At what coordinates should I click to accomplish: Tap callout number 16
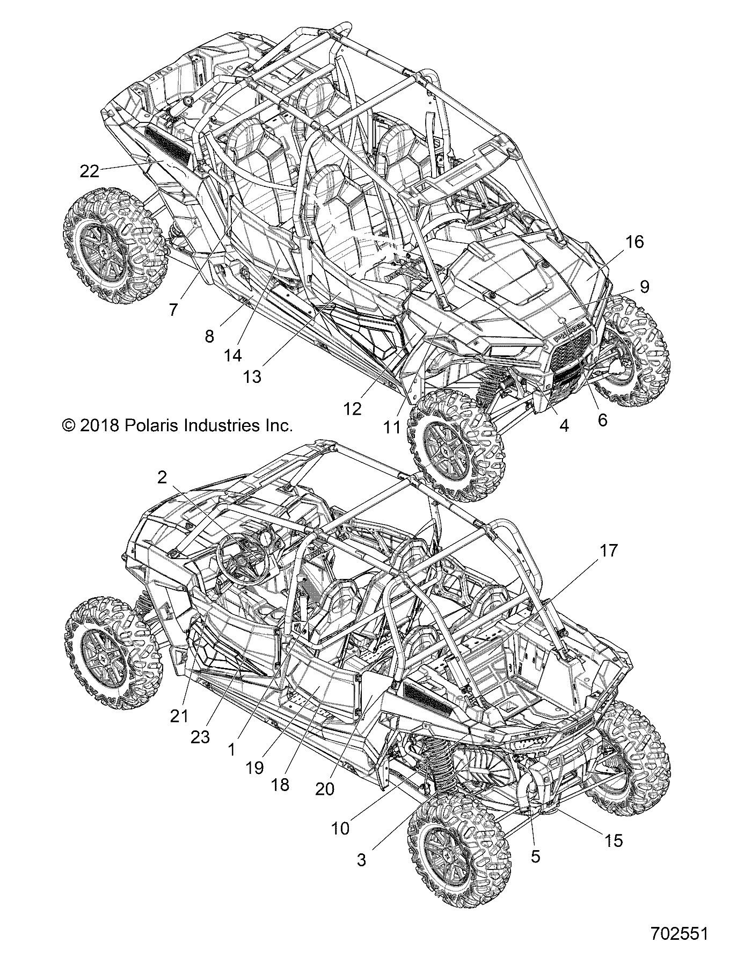click(634, 242)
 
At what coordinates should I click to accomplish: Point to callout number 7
click(173, 309)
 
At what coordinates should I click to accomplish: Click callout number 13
click(252, 377)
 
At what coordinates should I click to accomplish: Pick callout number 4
click(564, 425)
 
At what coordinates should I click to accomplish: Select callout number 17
click(595, 550)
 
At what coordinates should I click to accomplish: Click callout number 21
click(179, 715)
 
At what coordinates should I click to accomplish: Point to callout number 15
click(614, 840)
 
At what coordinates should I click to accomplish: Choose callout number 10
click(340, 829)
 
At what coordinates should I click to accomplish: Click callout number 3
click(361, 860)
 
